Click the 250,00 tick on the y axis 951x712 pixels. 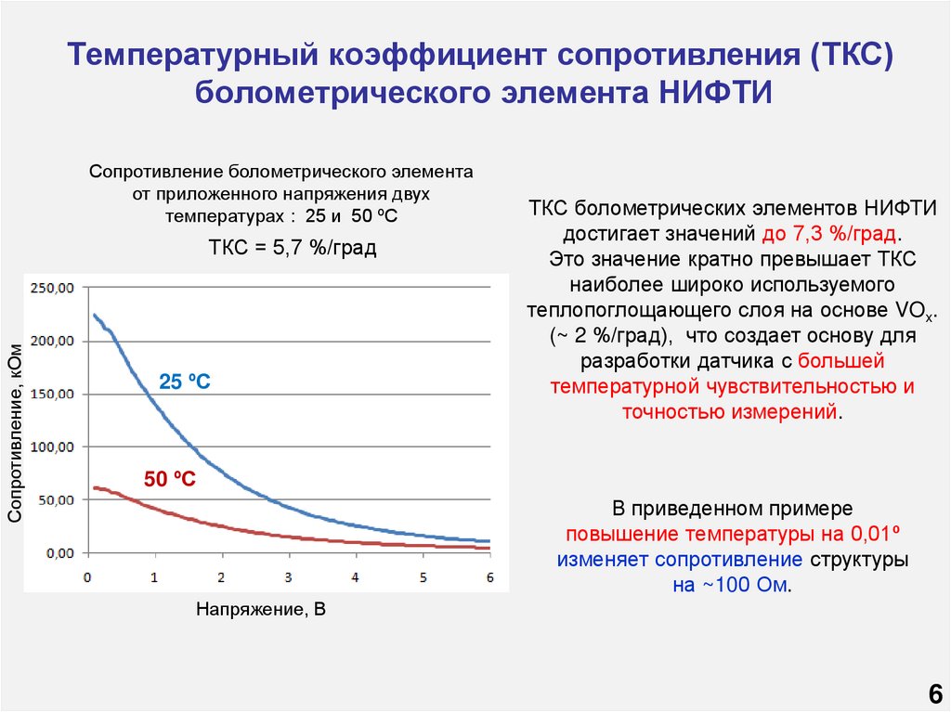pyautogui.click(x=52, y=289)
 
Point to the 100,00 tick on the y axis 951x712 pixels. pyautogui.click(x=52, y=447)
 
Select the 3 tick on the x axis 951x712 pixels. pyautogui.click(x=288, y=577)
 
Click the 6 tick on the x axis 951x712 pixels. pyautogui.click(x=489, y=577)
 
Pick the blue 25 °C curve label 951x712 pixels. pyautogui.click(x=185, y=382)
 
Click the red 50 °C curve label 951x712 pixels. pyautogui.click(x=169, y=479)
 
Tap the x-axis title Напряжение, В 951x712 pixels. pyautogui.click(x=262, y=610)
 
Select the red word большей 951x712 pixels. pyautogui.click(x=841, y=361)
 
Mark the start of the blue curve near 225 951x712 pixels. pyautogui.click(x=93, y=315)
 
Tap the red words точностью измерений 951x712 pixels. pyautogui.click(x=729, y=412)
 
